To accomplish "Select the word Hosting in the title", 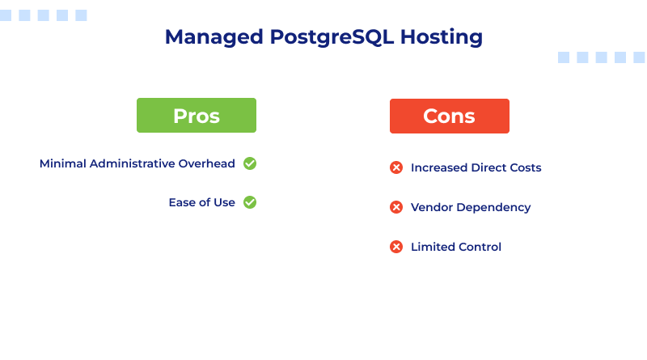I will [447, 37].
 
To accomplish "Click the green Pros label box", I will [197, 116].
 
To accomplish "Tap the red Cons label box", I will [450, 116].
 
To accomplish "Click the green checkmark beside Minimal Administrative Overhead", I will [250, 163].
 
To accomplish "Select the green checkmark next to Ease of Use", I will [250, 202].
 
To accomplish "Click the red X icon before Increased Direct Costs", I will [396, 167].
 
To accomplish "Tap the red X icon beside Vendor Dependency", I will [396, 207].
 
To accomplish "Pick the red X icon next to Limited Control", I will [396, 247].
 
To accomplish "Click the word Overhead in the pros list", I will [209, 163].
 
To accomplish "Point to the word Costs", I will [524, 167].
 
